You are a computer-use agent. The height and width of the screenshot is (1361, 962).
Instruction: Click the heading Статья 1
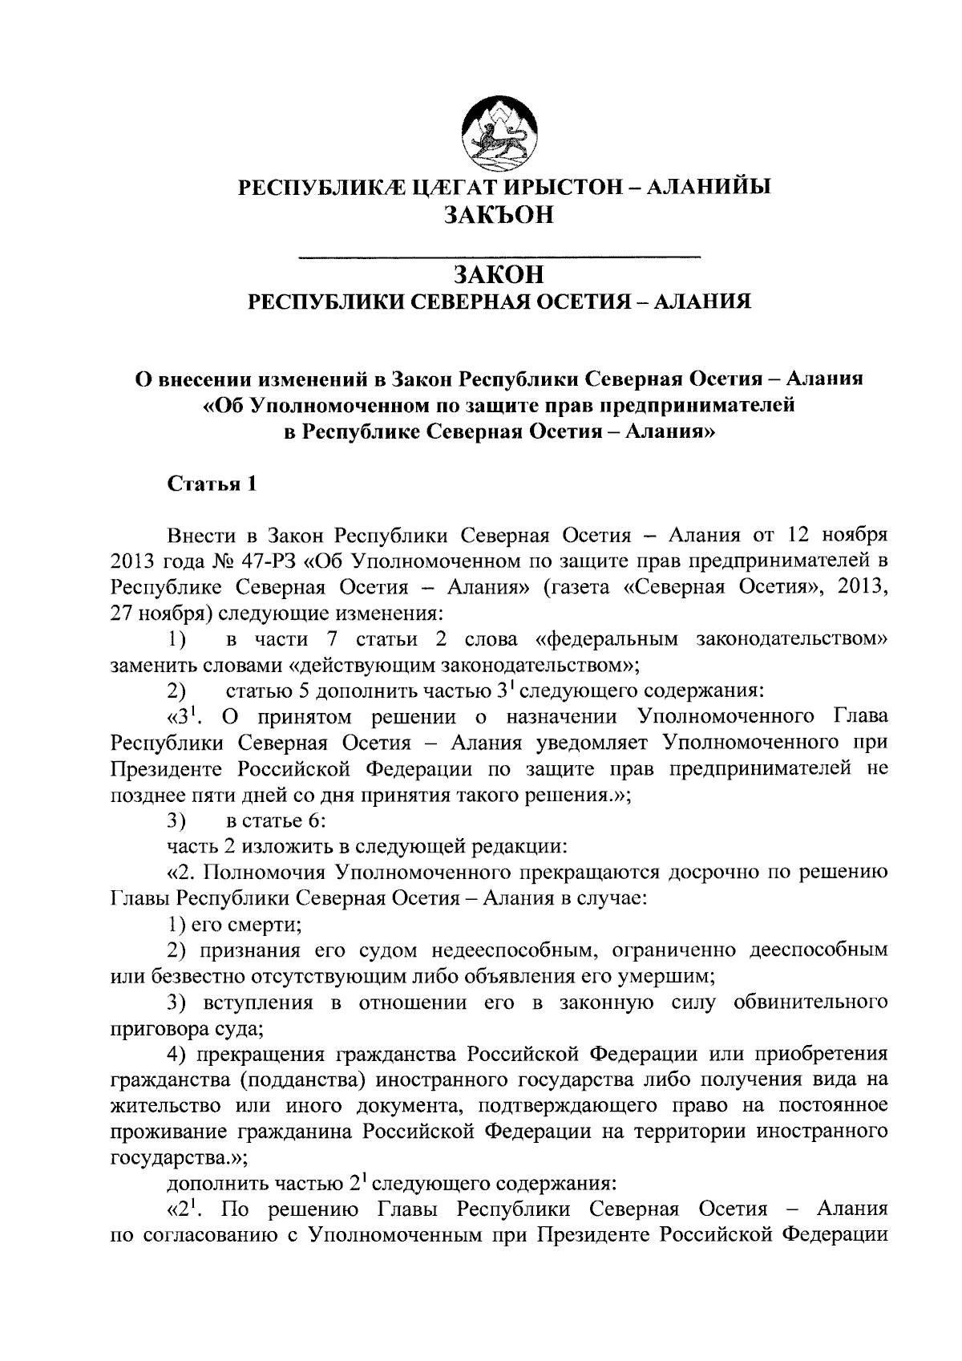212,484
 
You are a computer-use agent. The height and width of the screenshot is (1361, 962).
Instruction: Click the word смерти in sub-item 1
269,925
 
